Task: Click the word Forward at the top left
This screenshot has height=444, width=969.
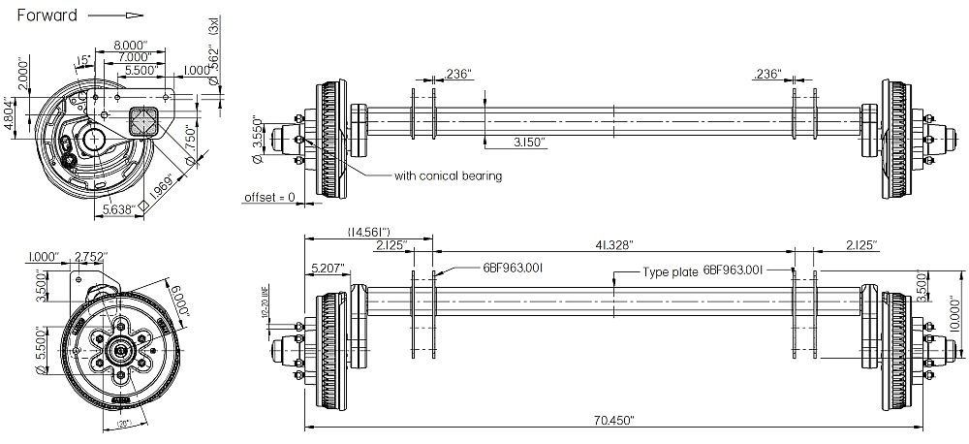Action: tap(47, 16)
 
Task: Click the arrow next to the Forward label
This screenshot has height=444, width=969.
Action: tap(115, 16)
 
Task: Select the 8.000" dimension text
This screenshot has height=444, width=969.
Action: tap(129, 45)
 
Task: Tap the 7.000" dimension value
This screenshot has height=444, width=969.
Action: tap(134, 58)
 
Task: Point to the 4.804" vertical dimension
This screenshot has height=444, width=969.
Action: tap(11, 114)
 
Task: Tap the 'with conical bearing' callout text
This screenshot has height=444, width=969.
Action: tap(448, 176)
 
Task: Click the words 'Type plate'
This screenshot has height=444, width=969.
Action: tap(671, 272)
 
